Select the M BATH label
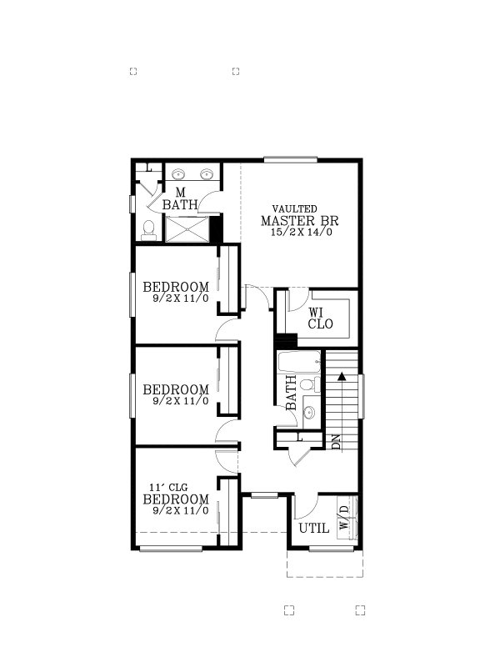click(x=179, y=199)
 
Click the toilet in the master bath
click(x=148, y=228)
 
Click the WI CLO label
click(x=321, y=318)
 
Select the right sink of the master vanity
click(x=206, y=174)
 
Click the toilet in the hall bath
click(x=308, y=384)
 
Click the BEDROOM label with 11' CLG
click(x=176, y=499)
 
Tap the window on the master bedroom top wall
click(x=290, y=159)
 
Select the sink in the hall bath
click(x=308, y=412)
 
